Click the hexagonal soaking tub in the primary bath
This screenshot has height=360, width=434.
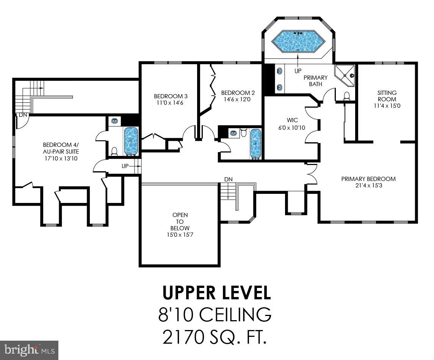298,42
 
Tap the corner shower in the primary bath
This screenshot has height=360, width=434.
345,75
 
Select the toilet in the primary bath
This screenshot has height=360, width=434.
346,96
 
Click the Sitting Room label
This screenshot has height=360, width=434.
387,96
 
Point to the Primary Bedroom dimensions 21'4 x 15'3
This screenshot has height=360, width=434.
369,186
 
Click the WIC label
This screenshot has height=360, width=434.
292,120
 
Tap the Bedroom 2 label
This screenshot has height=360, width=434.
238,93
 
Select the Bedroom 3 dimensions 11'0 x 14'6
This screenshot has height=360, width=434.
171,103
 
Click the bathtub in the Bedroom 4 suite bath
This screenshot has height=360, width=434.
131,141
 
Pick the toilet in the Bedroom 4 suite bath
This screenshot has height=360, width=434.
114,151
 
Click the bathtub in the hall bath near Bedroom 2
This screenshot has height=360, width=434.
255,143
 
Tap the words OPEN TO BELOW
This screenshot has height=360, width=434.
180,222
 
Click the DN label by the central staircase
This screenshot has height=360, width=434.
228,179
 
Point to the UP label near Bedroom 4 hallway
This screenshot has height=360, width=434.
125,166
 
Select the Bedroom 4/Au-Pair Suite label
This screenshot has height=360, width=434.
61,148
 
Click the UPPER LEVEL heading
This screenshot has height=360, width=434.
216,293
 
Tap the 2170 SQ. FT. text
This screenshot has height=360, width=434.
215,337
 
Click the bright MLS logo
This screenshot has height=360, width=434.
29,350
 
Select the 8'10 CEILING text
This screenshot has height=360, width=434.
215,314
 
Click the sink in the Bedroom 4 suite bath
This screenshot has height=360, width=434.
114,121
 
